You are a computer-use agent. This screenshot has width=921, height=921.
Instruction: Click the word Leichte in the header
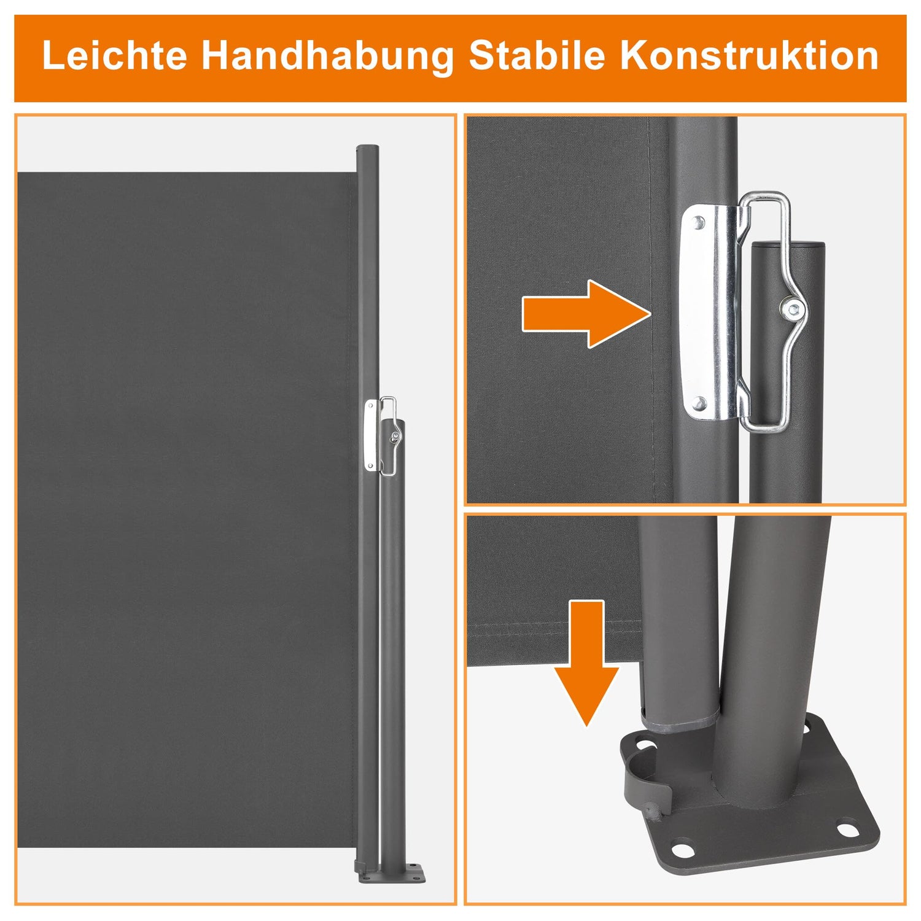click(x=115, y=56)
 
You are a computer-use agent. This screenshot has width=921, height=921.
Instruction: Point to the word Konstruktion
click(x=749, y=56)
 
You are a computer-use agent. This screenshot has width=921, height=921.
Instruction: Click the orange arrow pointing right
click(x=586, y=314)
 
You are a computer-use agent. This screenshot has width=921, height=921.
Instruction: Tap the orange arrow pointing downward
click(x=587, y=663)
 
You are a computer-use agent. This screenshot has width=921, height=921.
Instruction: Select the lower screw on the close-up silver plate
click(x=698, y=403)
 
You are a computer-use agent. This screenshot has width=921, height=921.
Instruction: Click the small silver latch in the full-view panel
click(x=371, y=435)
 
